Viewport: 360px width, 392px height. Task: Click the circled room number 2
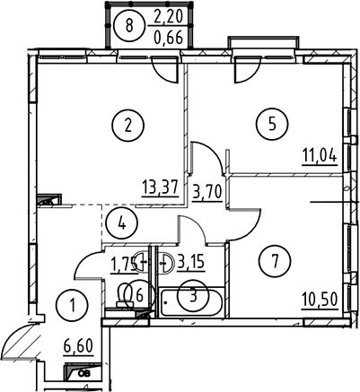[x=128, y=126]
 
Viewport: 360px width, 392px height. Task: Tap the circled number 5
[x=272, y=123]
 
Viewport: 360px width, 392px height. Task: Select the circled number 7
[x=276, y=260]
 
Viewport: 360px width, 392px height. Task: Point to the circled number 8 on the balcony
[x=129, y=25]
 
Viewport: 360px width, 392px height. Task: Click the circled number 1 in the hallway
[x=73, y=305]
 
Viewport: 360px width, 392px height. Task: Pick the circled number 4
[x=122, y=223]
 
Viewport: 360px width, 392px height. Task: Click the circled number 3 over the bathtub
[x=193, y=295]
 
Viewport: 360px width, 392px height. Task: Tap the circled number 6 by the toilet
[x=139, y=296]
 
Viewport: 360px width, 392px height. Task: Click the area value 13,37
[x=160, y=188]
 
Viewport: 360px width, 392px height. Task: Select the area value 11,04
[x=320, y=156]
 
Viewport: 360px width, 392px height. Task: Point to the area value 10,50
[x=320, y=300]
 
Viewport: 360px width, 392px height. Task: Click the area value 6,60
[x=79, y=346]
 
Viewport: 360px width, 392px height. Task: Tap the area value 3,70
[x=207, y=192]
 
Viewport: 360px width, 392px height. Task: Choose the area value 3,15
[x=191, y=262]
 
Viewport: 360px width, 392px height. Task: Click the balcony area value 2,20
[x=168, y=17]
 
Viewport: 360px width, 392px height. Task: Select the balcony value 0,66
[x=168, y=38]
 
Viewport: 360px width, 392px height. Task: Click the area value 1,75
[x=124, y=265]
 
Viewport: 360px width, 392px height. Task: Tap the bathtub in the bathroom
[x=192, y=303]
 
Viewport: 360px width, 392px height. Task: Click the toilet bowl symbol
[x=125, y=294]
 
